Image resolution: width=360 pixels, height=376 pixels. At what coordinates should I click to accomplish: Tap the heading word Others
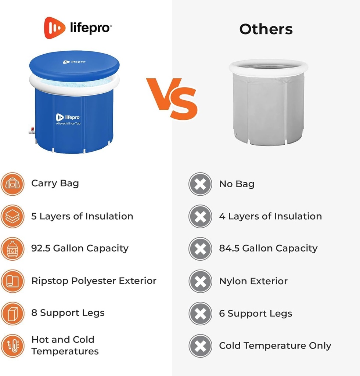pyautogui.click(x=266, y=29)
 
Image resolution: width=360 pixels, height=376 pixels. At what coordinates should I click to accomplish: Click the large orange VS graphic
pyautogui.click(x=172, y=98)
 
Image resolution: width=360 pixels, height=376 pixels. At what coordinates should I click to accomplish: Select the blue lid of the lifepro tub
pyautogui.click(x=74, y=65)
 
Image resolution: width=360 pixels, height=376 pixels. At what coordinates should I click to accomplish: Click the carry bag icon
pyautogui.click(x=12, y=184)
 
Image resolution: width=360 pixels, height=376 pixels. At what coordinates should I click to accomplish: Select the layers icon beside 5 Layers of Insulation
pyautogui.click(x=12, y=216)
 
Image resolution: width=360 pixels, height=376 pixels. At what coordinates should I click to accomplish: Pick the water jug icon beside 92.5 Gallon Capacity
pyautogui.click(x=12, y=249)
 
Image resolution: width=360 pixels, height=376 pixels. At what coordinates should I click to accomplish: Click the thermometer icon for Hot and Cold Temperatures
pyautogui.click(x=12, y=346)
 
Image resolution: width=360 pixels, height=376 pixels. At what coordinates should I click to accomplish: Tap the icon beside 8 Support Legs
pyautogui.click(x=12, y=313)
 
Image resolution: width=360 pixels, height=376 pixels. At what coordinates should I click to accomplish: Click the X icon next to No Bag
pyautogui.click(x=200, y=184)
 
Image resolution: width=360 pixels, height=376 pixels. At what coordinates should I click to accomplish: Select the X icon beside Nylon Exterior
pyautogui.click(x=200, y=281)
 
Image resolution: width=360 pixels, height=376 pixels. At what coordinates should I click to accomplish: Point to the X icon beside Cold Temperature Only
pyautogui.click(x=200, y=346)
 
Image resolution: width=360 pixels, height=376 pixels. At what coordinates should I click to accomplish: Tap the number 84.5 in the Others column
pyautogui.click(x=229, y=248)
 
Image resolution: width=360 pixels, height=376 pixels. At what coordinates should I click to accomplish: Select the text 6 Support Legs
pyautogui.click(x=256, y=314)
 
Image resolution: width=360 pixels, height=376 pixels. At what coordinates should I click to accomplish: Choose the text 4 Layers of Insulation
pyautogui.click(x=270, y=216)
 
